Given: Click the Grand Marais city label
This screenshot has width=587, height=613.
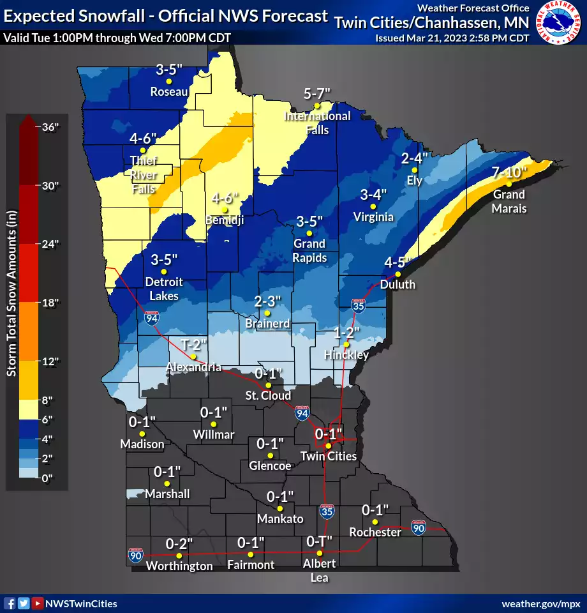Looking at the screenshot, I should (509, 201).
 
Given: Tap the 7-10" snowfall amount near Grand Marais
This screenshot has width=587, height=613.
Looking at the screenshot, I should (509, 172).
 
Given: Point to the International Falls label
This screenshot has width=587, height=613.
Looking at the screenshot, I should (317, 123).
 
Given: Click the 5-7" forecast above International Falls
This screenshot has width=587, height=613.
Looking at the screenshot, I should (317, 93).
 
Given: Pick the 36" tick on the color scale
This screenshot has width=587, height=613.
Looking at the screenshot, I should (50, 126).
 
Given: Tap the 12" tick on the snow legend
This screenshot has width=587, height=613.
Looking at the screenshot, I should (48, 361).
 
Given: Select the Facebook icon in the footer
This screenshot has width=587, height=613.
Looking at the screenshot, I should (10, 603).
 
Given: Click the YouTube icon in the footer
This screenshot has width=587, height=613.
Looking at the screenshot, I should (38, 603).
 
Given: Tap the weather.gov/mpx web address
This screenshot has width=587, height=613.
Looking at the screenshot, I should (542, 603).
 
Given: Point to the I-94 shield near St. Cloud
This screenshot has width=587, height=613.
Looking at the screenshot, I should (302, 414).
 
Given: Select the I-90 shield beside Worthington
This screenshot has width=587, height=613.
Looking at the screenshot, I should (135, 555).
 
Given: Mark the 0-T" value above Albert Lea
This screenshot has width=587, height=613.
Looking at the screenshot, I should (319, 541).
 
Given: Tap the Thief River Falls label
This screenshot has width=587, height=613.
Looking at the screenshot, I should (143, 175).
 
